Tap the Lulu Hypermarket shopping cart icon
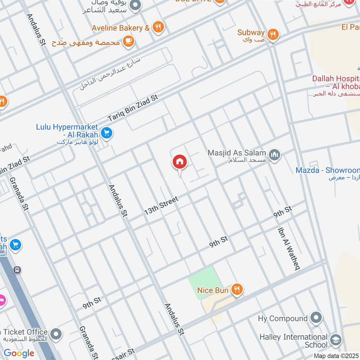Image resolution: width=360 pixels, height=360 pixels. (x=107, y=133)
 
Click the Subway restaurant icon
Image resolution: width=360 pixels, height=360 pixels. (x=272, y=34)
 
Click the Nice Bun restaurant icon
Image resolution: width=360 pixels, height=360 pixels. (x=237, y=290)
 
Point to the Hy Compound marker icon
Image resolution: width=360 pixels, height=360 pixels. (x=316, y=318)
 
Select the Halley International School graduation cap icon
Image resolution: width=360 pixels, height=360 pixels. (x=335, y=341)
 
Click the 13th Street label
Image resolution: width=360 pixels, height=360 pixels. (x=161, y=205)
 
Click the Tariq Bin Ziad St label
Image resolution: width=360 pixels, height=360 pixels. (x=133, y=108)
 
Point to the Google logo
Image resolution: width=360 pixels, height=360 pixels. (x=19, y=353)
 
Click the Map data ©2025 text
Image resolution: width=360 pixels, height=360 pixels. (x=336, y=355)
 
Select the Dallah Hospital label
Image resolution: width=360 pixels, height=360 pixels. (x=336, y=82)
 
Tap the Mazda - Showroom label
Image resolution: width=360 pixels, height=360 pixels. (x=328, y=170)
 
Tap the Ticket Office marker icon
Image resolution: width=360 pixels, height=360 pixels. (x=56, y=333)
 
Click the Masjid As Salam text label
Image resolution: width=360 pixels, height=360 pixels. (x=237, y=153)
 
